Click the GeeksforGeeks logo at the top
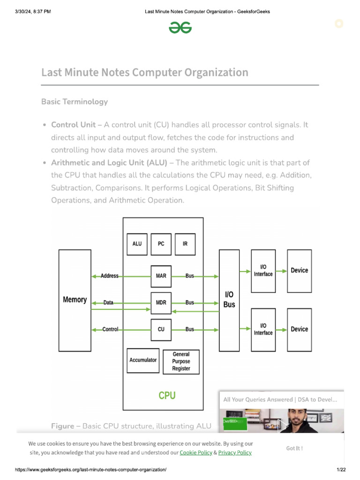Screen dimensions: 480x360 180,29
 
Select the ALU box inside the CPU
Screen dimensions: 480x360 137,244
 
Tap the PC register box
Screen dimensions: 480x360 161,244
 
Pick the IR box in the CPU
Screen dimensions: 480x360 185,244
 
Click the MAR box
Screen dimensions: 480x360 161,276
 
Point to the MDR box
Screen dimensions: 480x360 161,303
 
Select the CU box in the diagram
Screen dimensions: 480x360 161,330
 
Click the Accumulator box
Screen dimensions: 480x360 143,360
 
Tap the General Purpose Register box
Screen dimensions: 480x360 181,361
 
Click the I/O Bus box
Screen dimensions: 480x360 229,300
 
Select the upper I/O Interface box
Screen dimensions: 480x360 263,270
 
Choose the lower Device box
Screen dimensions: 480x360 299,330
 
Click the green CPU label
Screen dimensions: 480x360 167,396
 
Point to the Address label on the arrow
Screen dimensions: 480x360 110,276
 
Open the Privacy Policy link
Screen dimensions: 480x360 235,453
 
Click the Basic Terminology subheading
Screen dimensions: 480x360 75,102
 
